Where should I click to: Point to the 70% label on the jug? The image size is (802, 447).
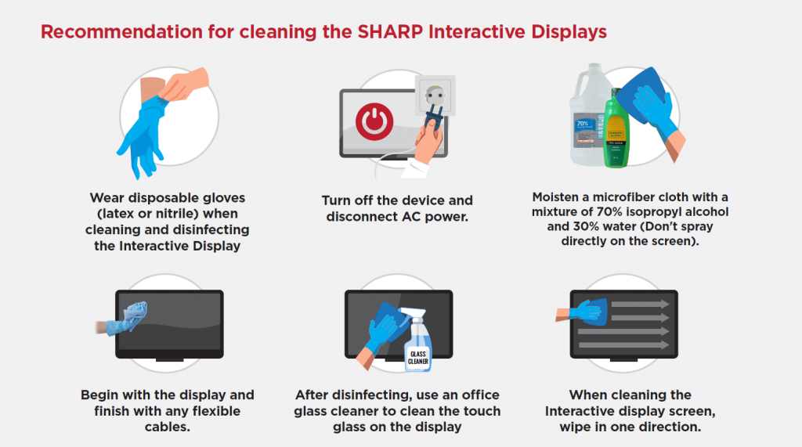[x=582, y=124]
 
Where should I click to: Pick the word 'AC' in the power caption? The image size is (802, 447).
[x=410, y=216]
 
